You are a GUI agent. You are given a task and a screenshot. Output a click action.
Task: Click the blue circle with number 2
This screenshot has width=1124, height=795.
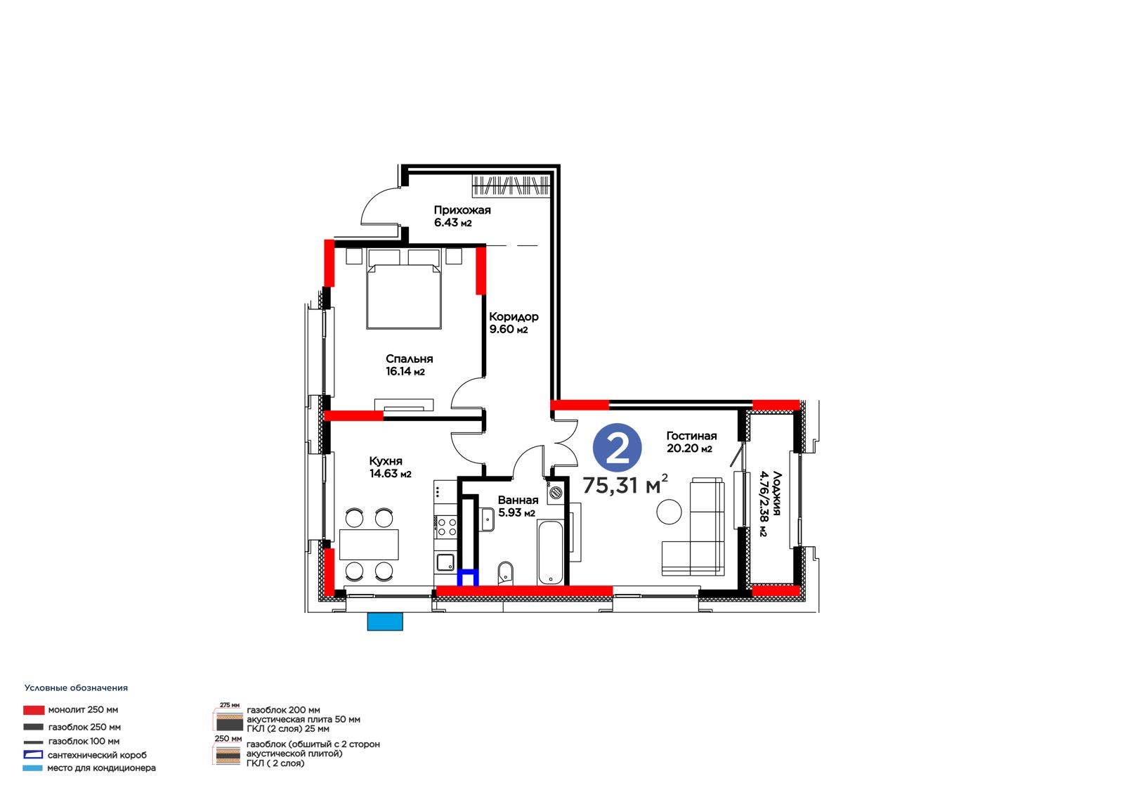(617, 448)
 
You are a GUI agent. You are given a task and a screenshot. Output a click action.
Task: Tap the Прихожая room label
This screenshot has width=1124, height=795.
(462, 210)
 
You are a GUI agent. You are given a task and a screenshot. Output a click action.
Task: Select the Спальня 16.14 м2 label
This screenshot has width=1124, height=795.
(409, 365)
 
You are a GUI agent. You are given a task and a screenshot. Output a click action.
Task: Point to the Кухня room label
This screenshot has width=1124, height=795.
(386, 461)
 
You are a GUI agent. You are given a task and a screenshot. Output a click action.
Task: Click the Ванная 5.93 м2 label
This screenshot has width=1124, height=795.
(518, 506)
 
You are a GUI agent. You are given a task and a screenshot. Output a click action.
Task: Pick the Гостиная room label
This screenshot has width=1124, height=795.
(691, 436)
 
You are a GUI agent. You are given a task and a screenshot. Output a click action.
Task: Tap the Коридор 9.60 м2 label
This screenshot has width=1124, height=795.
(514, 323)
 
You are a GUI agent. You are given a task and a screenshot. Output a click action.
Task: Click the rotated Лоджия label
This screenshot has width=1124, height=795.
(777, 493)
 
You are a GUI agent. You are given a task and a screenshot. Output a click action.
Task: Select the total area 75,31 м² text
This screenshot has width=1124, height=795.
(625, 484)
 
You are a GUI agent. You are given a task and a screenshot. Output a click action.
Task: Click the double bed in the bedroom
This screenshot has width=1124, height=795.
(404, 289)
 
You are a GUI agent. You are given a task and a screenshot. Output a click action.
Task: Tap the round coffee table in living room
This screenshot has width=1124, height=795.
(669, 512)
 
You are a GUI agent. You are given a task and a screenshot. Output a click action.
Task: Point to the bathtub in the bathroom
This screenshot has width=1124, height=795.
(551, 552)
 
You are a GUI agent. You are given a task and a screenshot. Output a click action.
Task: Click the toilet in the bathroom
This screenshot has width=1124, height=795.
(505, 573)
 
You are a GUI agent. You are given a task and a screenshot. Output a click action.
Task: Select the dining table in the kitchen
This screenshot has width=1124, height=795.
(369, 544)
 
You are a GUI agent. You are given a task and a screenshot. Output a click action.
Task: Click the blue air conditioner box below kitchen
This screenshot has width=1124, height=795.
(385, 621)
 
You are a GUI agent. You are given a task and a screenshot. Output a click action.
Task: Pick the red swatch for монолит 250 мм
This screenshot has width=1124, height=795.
(34, 710)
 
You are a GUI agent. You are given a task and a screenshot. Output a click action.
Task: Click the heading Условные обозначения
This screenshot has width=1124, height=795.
(77, 688)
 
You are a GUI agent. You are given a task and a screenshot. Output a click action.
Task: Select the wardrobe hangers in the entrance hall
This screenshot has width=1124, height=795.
(510, 186)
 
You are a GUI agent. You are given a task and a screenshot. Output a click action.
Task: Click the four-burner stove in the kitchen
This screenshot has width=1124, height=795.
(446, 526)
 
